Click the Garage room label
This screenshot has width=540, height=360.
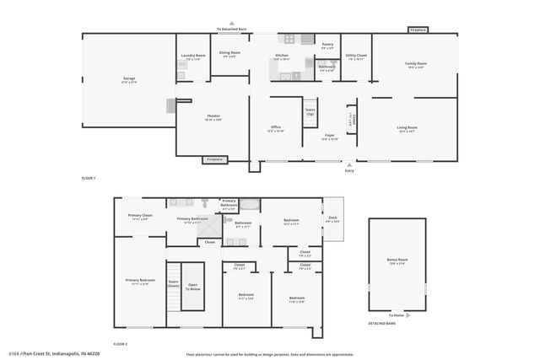(x=129, y=78)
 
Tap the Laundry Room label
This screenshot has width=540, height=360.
(x=193, y=56)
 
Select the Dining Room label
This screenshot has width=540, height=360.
(x=229, y=52)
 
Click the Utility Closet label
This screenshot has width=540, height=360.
(x=355, y=56)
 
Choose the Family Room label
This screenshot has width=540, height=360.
(x=414, y=64)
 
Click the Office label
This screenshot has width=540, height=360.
(x=275, y=126)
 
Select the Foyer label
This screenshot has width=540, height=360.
(x=330, y=135)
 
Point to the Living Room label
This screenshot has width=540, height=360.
(x=408, y=127)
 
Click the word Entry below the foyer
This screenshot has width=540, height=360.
(x=349, y=171)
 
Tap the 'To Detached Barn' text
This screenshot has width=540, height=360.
(x=231, y=29)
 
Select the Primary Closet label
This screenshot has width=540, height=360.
(x=140, y=215)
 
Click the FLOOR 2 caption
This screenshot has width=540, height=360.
(x=121, y=344)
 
